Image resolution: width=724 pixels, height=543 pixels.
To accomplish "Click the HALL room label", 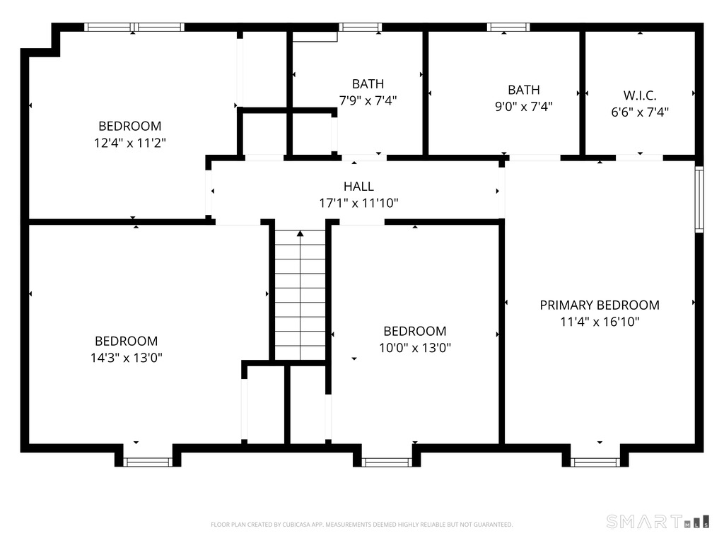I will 358,187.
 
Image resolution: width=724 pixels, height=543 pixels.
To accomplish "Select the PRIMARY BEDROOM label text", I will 600,305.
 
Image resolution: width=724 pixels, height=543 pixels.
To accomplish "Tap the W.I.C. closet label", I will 640,95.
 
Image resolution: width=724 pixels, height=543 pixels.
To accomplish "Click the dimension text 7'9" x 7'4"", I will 368,100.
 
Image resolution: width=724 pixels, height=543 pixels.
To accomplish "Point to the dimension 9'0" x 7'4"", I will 523,106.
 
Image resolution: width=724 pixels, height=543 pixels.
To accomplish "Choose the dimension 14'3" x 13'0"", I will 126,357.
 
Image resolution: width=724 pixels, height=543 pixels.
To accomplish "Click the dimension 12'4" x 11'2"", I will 129,142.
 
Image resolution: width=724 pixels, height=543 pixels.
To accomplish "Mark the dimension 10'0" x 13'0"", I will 414,347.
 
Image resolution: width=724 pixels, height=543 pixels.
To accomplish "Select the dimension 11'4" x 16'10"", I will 600,321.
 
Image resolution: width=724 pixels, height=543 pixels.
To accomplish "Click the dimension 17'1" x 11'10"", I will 358,203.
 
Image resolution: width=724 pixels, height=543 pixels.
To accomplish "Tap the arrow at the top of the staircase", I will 300,233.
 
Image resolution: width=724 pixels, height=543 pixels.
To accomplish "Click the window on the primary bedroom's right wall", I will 699,199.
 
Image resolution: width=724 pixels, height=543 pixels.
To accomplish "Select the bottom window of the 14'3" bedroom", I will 148,462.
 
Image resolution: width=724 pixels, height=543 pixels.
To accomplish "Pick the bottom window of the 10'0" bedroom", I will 387,462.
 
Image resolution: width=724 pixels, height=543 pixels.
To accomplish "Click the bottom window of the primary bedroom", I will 595,462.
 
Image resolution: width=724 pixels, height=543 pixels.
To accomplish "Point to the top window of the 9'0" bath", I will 508,28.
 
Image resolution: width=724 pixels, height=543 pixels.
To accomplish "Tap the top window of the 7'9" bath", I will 360,28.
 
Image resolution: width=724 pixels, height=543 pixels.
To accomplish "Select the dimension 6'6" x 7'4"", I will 640,111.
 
